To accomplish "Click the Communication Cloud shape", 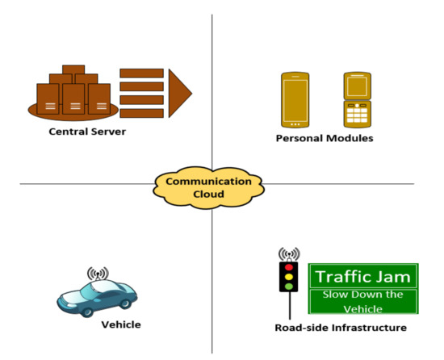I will (208, 186).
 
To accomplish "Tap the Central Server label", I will (86, 131).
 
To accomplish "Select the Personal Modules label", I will (325, 139).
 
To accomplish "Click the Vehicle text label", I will (121, 324).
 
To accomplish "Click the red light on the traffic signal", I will (287, 266).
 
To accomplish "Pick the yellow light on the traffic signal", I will (287, 275).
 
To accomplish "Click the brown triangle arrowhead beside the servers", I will (180, 93).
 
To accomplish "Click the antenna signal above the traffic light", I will (288, 253).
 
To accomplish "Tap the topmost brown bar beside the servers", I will (141, 73).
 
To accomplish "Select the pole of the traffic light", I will (288, 305).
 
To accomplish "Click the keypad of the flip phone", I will (357, 115).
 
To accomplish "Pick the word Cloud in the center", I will (208, 195).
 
